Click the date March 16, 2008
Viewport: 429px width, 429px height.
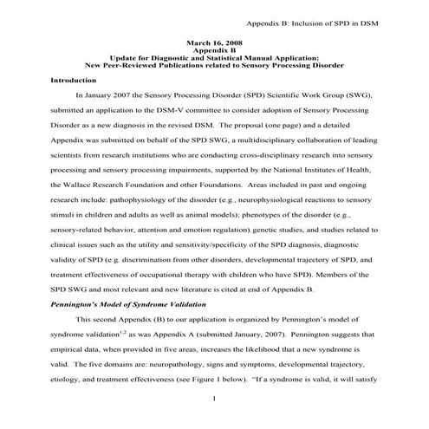pyautogui.click(x=213, y=42)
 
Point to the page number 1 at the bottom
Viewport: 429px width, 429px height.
pyautogui.click(x=213, y=398)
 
